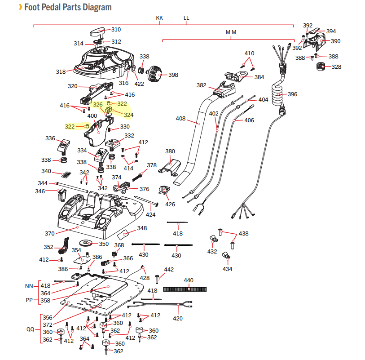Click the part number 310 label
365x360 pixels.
coord(116,30)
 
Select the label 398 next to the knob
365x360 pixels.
coord(173,75)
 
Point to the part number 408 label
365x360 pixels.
coord(180,119)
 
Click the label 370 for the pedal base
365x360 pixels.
coord(49,234)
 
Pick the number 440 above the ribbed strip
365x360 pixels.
coord(189,280)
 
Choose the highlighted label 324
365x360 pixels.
coord(128,115)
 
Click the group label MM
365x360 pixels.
coord(231,32)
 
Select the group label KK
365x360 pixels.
coord(159,18)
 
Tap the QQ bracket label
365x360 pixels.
coord(30,329)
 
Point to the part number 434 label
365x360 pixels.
coord(228,269)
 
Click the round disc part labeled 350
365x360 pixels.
coord(88,244)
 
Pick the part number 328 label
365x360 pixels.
coord(336,67)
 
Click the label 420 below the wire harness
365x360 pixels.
coord(178,319)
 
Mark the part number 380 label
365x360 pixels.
coord(170,151)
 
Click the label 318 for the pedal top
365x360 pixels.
coord(61,71)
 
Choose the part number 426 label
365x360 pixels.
coord(170,204)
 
